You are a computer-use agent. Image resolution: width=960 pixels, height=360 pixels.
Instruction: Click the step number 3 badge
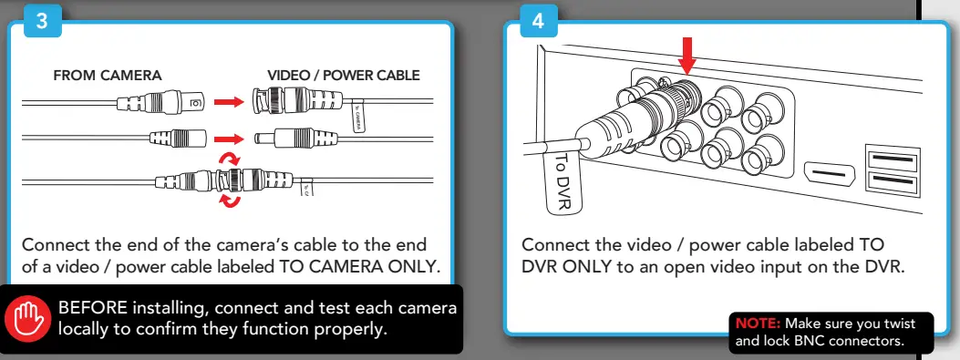pos(39,22)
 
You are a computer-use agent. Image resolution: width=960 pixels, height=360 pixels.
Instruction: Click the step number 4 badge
pos(538,22)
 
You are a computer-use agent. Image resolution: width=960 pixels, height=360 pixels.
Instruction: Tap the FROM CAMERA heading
pos(108,76)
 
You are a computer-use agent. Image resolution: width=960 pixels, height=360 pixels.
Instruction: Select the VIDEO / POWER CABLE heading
pos(344,76)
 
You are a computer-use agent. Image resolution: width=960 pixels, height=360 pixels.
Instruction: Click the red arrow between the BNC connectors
pos(228,101)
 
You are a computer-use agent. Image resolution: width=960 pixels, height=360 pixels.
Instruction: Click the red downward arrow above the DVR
pos(687,57)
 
